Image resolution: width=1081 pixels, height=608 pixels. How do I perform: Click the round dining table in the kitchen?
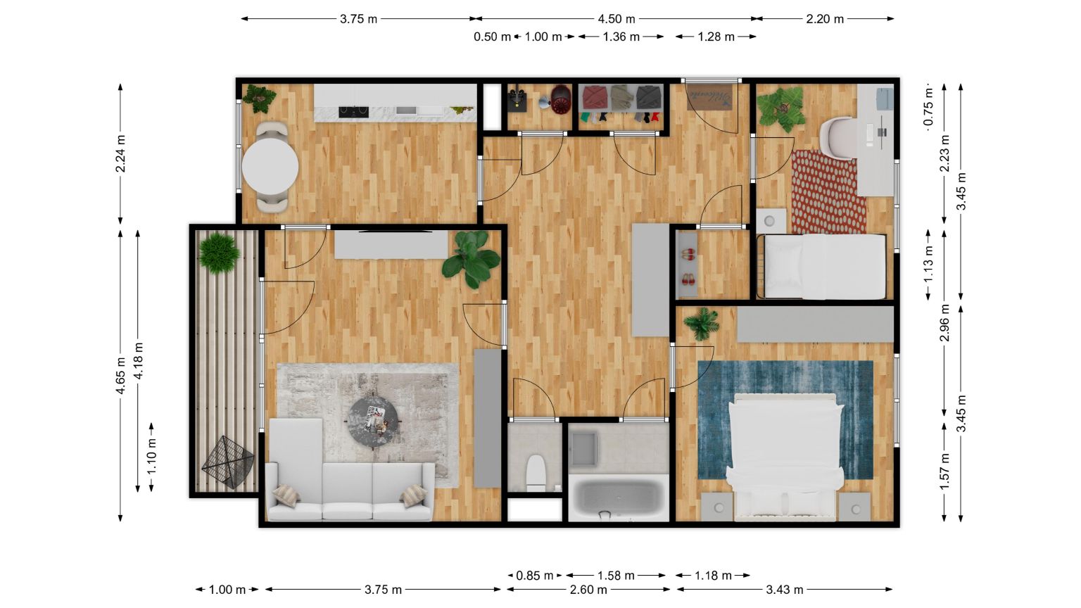coord(270,167)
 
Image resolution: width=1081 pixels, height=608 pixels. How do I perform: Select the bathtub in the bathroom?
coord(619,498)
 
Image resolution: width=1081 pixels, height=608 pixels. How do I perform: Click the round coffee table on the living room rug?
coord(374,423)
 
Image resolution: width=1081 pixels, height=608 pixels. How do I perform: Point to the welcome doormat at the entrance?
coord(710,98)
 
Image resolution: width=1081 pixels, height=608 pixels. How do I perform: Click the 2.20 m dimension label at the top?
coord(825,19)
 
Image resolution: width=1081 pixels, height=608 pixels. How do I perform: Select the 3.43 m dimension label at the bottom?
coord(785,589)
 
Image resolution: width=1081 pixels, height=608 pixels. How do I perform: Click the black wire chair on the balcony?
coord(228,462)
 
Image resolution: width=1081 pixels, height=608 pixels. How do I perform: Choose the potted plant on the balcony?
coord(220,253)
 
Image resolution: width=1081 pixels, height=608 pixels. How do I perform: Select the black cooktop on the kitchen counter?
coord(354,112)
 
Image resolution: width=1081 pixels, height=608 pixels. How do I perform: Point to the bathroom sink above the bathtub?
coord(583,449)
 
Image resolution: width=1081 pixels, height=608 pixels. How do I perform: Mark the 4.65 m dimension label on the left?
coord(120,375)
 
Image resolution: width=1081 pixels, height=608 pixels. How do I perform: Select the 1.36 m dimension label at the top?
coord(621,37)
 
